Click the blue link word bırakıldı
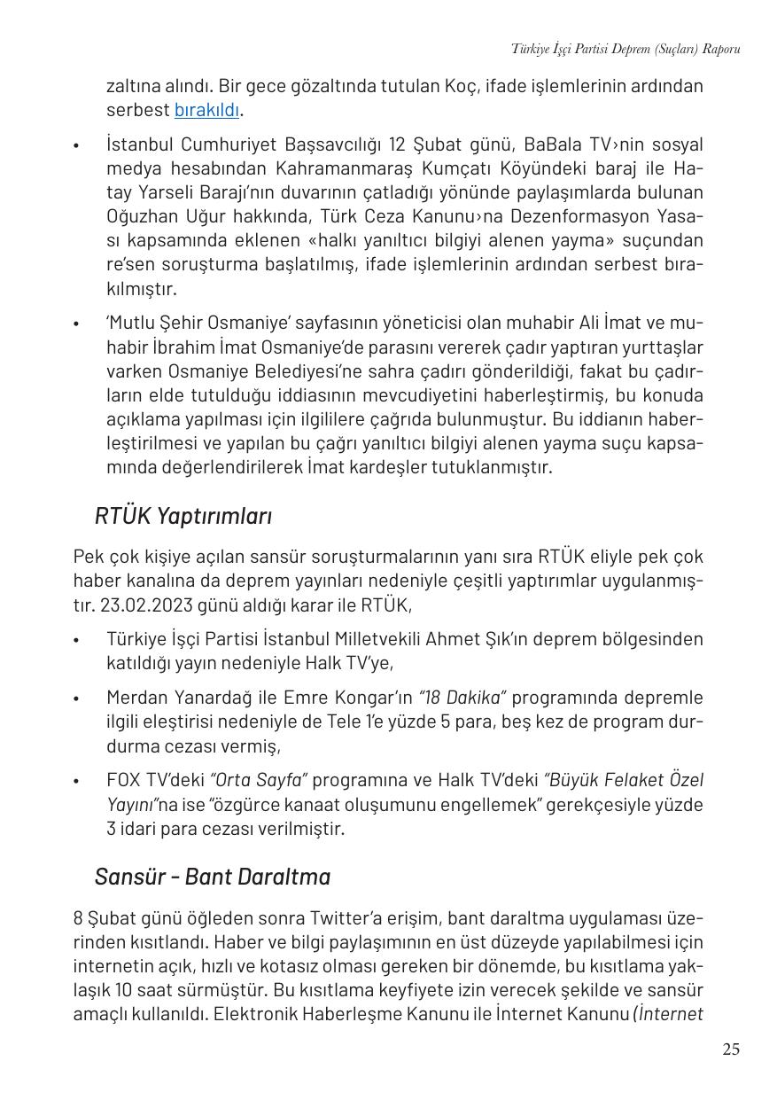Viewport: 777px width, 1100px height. (x=207, y=110)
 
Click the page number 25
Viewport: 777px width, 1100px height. (x=730, y=1049)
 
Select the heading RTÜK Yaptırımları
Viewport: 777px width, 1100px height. (x=183, y=516)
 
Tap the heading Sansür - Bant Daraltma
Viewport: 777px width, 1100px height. (x=213, y=877)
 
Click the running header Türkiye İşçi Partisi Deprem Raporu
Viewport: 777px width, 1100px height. (x=625, y=49)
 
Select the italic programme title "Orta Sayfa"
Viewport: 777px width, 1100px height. (x=258, y=780)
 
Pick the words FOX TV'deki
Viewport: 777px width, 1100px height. (x=154, y=780)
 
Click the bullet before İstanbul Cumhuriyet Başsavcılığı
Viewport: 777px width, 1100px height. (x=77, y=145)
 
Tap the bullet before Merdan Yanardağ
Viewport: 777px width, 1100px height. (x=77, y=698)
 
